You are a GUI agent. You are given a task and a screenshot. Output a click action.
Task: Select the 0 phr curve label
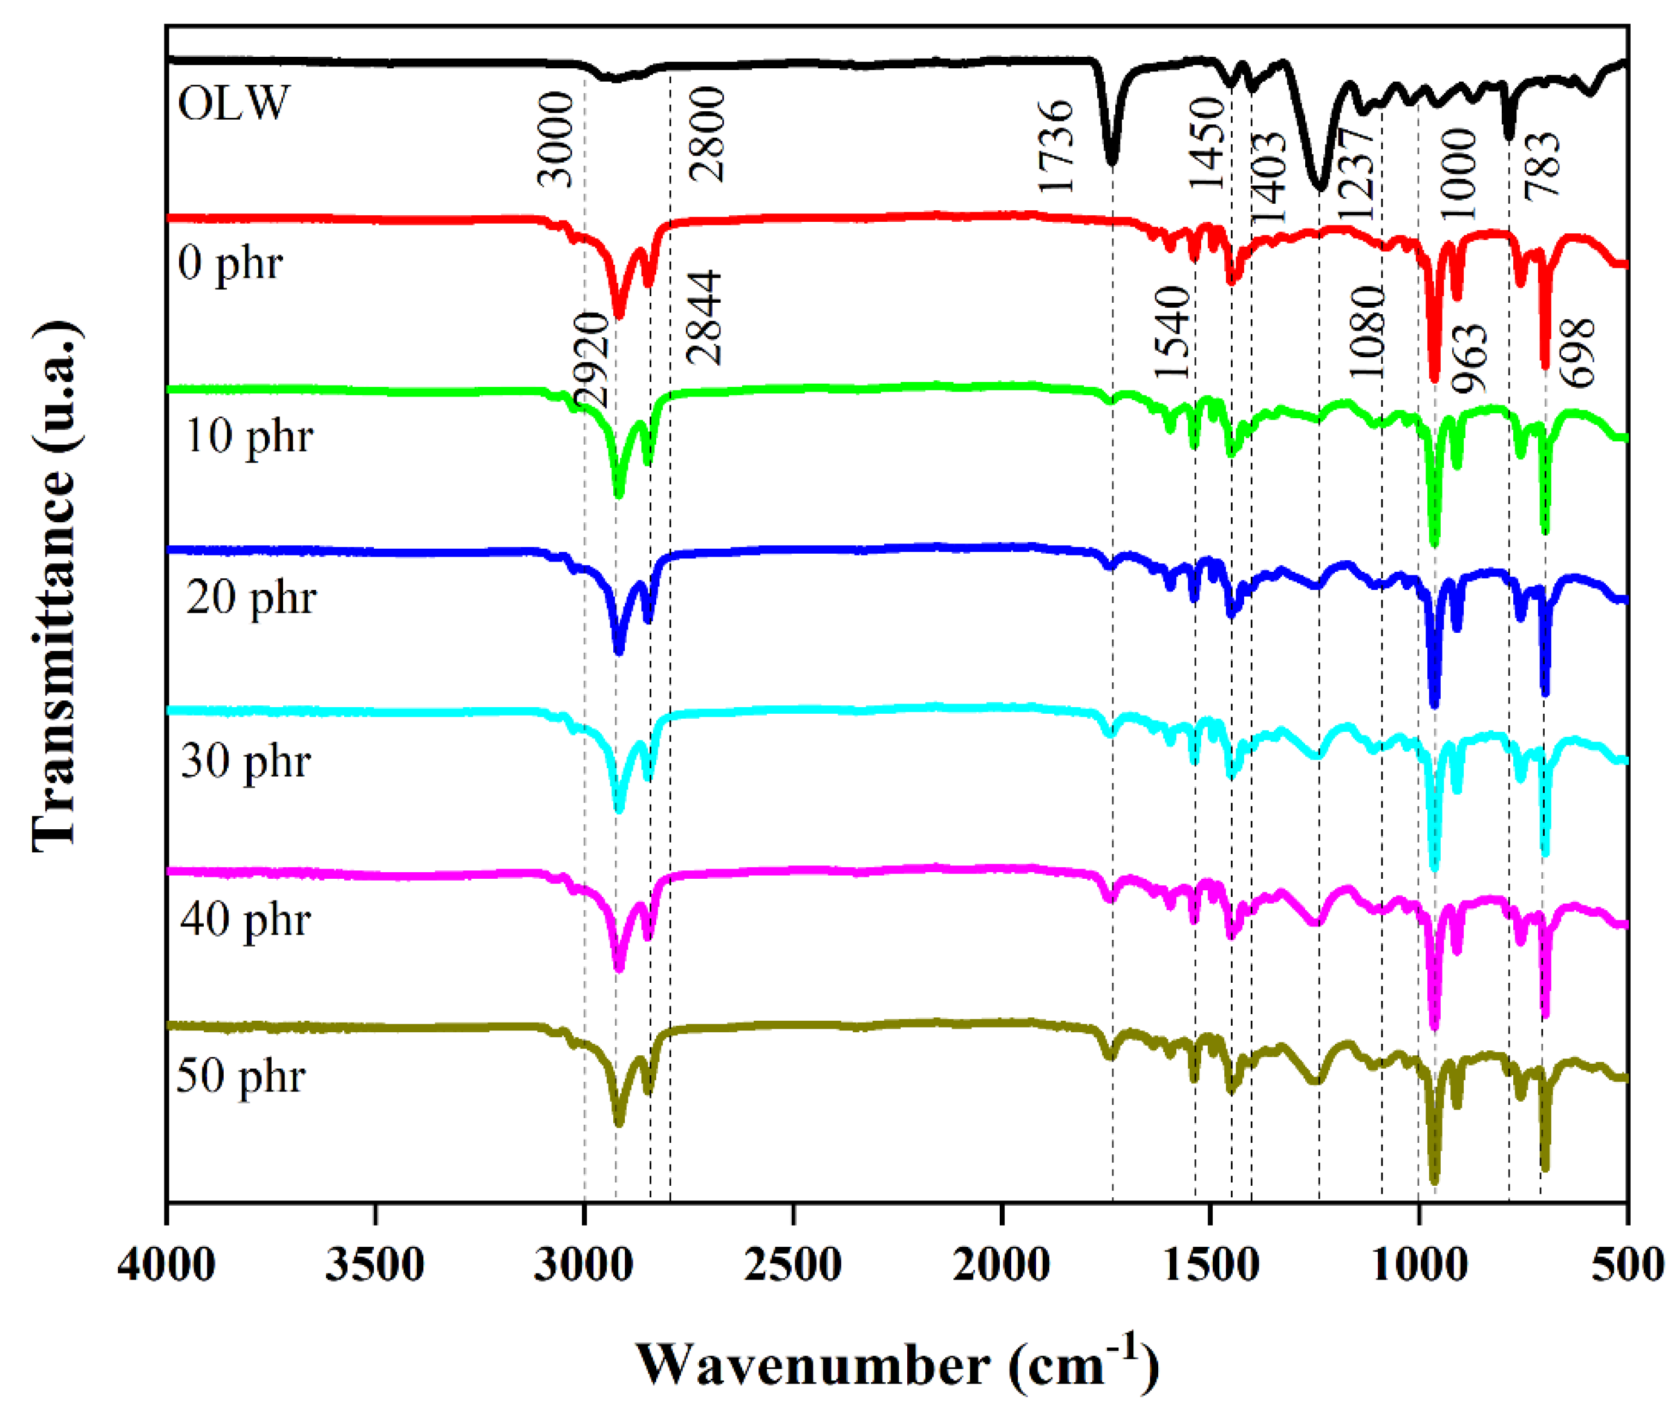point(230,263)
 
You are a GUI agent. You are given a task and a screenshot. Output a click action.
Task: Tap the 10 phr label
point(249,436)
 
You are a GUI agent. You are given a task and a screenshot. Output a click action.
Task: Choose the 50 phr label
point(241,1076)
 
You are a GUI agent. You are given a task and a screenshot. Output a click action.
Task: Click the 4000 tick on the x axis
point(166,1266)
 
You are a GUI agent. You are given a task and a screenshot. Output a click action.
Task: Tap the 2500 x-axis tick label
point(792,1266)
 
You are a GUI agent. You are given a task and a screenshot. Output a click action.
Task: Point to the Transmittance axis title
point(56,587)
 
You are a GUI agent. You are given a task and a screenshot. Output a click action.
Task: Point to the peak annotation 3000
point(556,139)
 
